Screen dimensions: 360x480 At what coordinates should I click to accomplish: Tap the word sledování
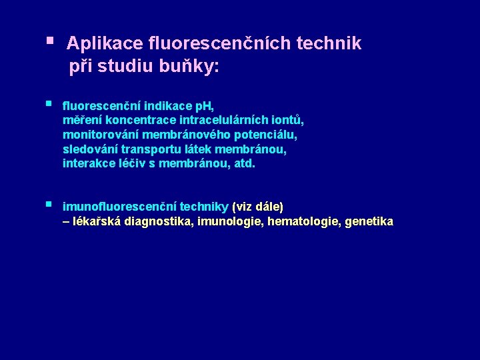[89, 149]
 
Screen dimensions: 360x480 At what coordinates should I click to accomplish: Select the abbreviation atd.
[244, 163]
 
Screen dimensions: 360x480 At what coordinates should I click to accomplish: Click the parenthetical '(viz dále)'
[257, 207]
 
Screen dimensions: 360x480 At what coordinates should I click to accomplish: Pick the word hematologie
[303, 221]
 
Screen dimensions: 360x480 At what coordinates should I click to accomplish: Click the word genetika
[369, 221]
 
